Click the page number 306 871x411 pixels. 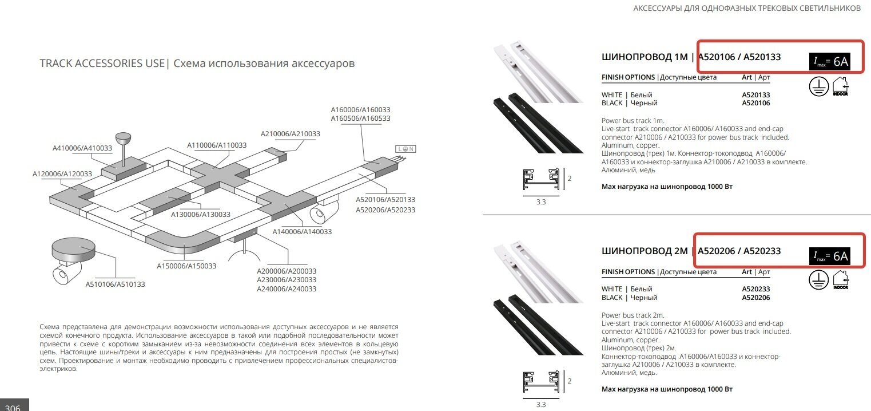[13, 406]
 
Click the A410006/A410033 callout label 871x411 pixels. [82, 148]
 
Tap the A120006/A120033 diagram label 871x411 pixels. [62, 173]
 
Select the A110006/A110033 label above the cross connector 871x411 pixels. [217, 145]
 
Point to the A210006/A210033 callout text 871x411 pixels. [290, 134]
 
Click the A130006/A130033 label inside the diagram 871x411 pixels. [201, 214]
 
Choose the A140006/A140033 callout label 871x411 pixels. [302, 231]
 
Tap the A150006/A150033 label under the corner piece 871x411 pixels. [186, 266]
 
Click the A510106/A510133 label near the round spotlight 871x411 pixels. [116, 283]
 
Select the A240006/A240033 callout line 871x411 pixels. [287, 289]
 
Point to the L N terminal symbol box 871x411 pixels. [405, 149]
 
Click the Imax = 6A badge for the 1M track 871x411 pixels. [829, 62]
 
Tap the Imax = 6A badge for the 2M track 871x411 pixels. [829, 256]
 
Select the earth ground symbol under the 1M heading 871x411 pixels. [818, 86]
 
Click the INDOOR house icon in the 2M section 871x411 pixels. [841, 279]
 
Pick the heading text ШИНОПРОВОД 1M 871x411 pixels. [645, 57]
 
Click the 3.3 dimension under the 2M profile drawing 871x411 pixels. [540, 405]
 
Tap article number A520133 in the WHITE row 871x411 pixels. [755, 95]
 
